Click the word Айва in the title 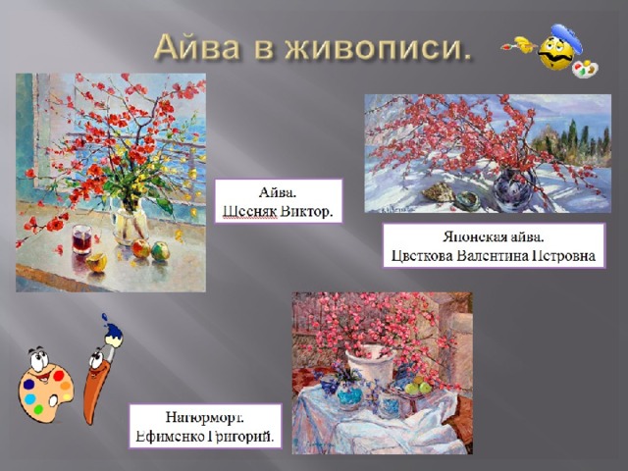point(197,46)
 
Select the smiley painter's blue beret point(566,37)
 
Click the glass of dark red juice point(81,239)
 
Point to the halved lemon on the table point(97,263)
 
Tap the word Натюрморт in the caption point(205,418)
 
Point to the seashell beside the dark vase point(439,191)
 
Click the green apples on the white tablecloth point(418,386)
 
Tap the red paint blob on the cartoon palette point(59,376)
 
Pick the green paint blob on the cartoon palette point(38,409)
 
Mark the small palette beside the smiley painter point(585,69)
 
